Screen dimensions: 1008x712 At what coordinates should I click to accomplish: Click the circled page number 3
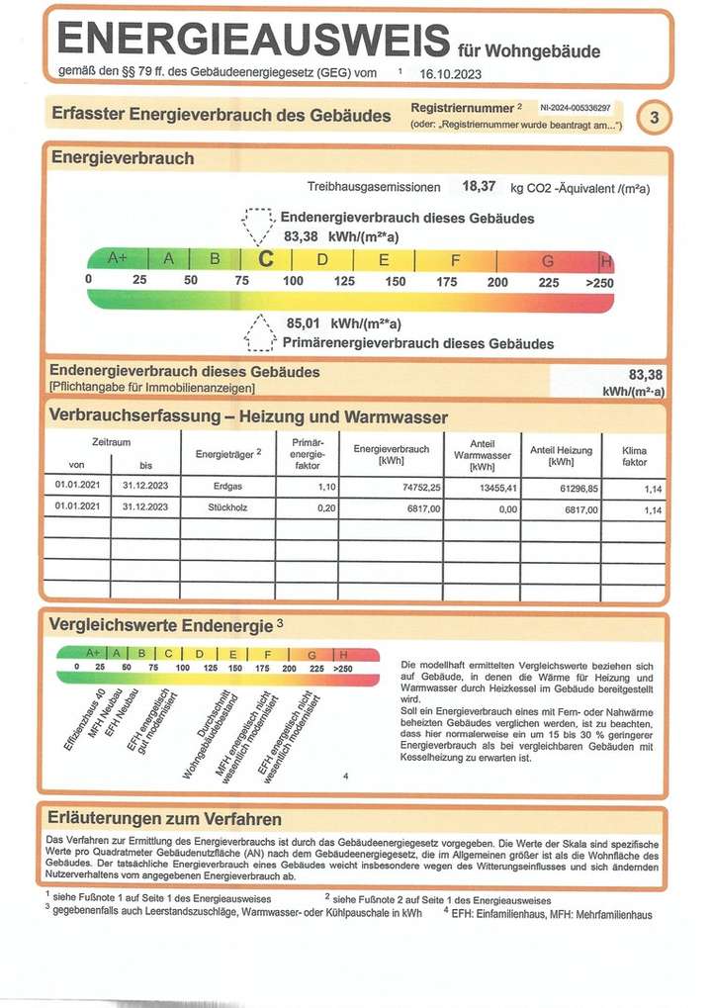point(653,117)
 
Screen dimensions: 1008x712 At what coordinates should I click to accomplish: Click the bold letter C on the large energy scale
point(264,259)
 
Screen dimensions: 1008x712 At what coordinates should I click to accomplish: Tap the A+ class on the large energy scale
point(118,259)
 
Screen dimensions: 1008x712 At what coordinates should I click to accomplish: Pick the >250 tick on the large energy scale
point(599,281)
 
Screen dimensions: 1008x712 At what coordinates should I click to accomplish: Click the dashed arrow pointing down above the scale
point(259,226)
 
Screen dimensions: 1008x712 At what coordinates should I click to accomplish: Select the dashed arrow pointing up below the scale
point(260,332)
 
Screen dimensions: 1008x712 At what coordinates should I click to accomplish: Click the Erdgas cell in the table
point(227,488)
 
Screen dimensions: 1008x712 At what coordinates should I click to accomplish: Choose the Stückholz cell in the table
point(227,507)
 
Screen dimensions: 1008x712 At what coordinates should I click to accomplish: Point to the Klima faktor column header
point(634,455)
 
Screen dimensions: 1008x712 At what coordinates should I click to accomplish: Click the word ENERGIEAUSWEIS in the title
point(253,40)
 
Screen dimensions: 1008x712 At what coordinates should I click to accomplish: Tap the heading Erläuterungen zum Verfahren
point(164,819)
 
